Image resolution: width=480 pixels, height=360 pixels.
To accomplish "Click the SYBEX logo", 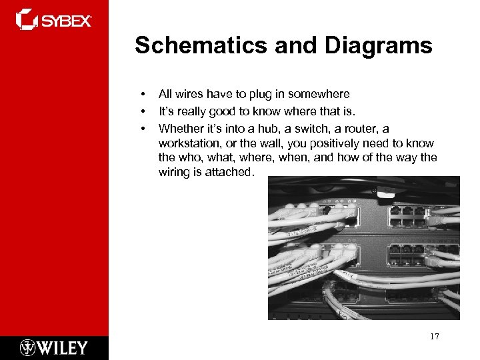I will point(53,20).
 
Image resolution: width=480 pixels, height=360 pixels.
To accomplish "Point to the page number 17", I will point(435,337).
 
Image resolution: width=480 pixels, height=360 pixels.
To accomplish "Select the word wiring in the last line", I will point(175,173).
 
